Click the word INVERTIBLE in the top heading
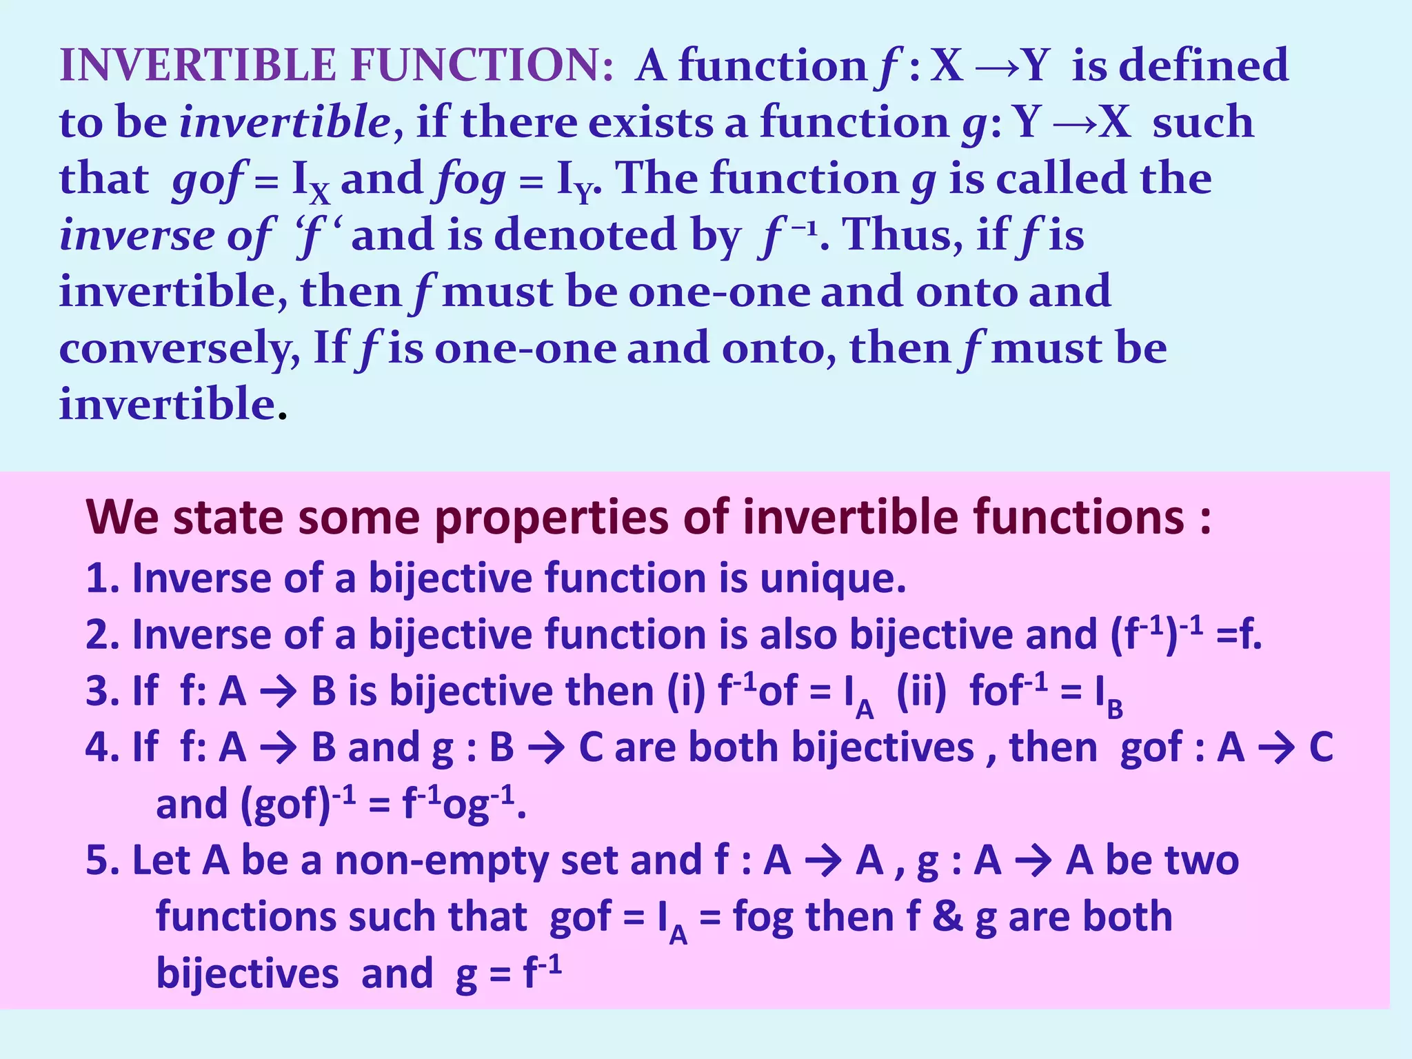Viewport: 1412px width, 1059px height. click(x=198, y=65)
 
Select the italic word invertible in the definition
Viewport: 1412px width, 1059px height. click(x=285, y=123)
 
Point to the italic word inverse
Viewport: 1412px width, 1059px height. click(x=137, y=236)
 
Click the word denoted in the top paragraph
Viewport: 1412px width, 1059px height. click(x=585, y=235)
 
